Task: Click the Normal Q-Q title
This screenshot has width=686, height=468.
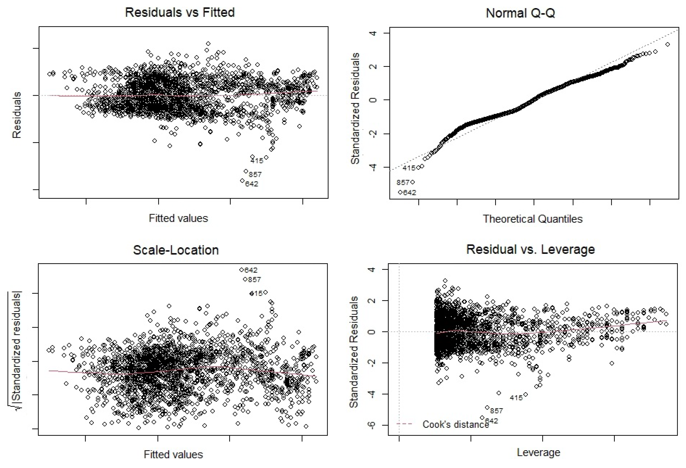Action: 520,13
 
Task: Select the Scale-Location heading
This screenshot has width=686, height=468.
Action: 176,250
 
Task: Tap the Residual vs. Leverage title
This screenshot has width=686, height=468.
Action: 530,249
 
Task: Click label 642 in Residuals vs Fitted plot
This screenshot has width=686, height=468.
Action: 252,184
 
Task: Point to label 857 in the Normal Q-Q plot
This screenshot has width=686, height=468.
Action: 403,182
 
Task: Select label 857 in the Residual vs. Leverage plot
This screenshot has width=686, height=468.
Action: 497,411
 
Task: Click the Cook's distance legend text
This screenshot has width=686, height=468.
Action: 455,424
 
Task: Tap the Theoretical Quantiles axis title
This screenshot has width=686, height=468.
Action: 532,219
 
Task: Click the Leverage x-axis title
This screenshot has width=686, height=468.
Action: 538,452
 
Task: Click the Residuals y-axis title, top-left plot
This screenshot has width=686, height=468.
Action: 17,115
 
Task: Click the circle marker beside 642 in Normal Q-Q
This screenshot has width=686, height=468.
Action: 400,192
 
